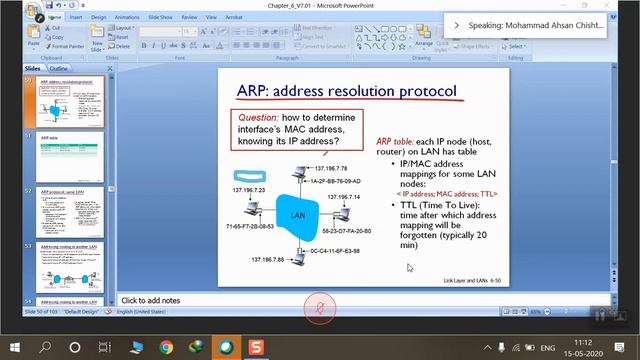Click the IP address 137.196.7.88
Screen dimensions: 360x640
tap(266, 260)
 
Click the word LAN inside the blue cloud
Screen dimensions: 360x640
tap(297, 215)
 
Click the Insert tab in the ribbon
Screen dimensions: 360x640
tap(76, 17)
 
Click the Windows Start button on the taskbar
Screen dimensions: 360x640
tap(15, 347)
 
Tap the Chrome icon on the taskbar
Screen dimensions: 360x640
tap(165, 347)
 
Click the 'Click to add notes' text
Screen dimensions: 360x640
tap(150, 300)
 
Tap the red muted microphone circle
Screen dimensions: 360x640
tap(320, 307)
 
